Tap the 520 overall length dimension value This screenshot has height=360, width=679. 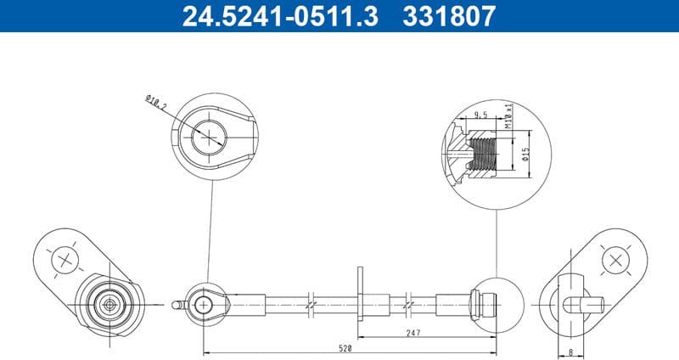(345, 349)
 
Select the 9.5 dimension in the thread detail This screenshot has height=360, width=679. (480, 115)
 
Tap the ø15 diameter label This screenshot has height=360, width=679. (525, 155)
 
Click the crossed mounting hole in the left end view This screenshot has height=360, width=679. (65, 259)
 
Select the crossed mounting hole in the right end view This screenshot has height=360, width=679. (613, 259)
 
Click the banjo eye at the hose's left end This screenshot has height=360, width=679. (206, 302)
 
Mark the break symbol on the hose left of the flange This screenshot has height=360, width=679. (312, 302)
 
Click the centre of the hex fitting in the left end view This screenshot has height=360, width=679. (108, 303)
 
